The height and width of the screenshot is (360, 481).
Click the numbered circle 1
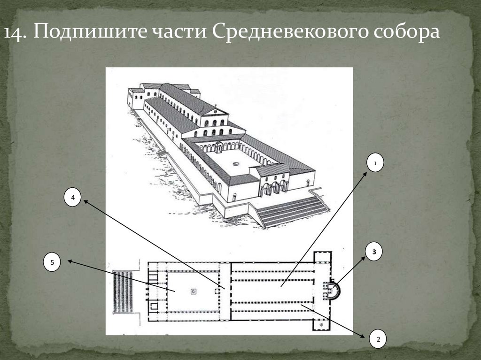(x=376, y=163)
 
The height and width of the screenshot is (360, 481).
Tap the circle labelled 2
(x=378, y=338)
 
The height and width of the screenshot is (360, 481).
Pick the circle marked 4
(x=73, y=198)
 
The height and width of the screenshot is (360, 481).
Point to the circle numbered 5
(x=53, y=262)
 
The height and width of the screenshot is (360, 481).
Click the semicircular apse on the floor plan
(x=334, y=289)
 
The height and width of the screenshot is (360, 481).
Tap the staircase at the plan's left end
(x=123, y=291)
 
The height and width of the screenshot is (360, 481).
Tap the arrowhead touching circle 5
(x=69, y=261)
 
